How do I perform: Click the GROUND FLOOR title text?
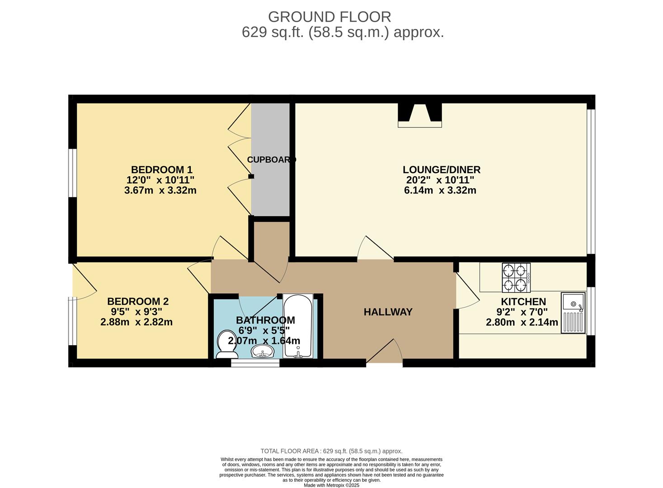(329, 17)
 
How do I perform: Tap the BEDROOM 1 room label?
(161, 170)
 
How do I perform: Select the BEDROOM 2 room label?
(137, 301)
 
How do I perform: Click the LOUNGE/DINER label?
(441, 170)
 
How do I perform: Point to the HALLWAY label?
(388, 312)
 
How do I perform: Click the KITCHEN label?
(523, 301)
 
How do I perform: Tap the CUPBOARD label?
(271, 160)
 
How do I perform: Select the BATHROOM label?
(265, 320)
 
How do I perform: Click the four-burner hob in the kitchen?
(516, 277)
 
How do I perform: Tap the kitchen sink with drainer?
(573, 313)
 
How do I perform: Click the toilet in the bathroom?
(226, 344)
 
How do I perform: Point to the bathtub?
(297, 325)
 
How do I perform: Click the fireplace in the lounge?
(419, 116)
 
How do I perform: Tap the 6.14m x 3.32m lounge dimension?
(440, 190)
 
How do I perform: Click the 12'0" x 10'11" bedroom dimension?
(160, 180)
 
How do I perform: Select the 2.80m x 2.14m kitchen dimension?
(522, 322)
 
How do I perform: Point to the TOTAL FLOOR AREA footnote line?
(331, 451)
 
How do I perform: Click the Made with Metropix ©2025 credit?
(331, 485)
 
